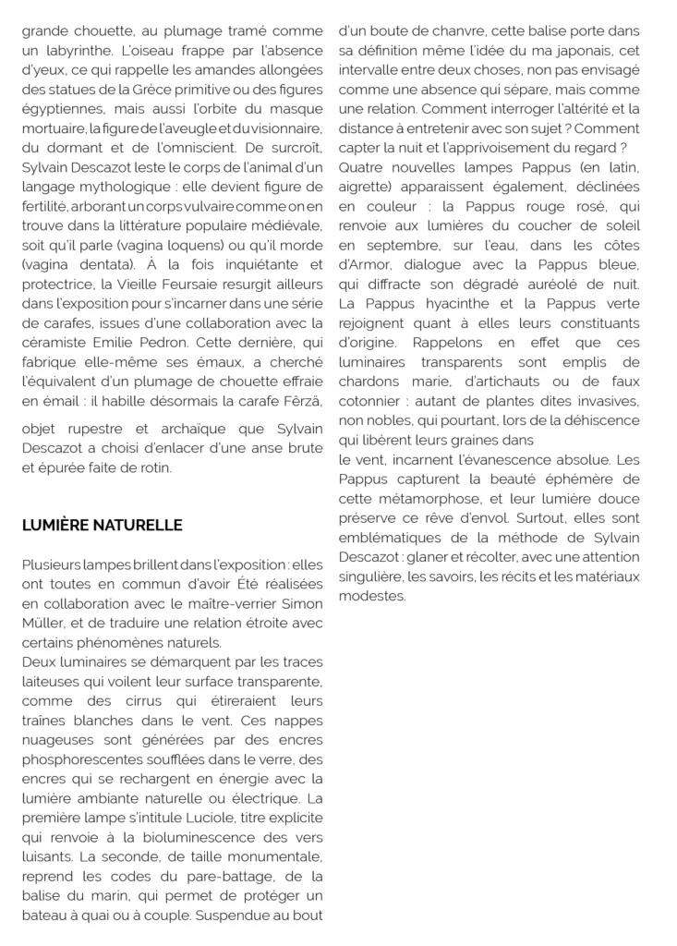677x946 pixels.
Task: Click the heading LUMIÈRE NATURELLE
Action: click(103, 526)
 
